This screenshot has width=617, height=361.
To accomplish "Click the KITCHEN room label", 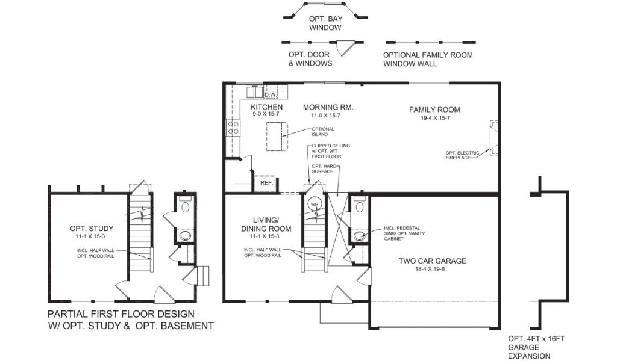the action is click(x=266, y=107).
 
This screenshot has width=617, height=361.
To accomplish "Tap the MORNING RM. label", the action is click(x=328, y=107).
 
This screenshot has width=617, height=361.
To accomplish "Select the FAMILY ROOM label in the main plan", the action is click(x=434, y=110).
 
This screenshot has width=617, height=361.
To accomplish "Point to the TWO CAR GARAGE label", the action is click(x=432, y=261).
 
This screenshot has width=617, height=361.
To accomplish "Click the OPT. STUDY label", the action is click(x=92, y=228).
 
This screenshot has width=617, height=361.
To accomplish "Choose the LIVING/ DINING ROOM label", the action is click(x=266, y=224).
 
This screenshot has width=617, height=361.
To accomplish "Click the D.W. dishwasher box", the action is click(x=271, y=94).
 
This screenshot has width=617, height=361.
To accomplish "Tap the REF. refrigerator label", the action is click(x=266, y=183).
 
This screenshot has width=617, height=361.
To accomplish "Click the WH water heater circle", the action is click(x=314, y=205).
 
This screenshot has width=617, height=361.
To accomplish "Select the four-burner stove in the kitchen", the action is click(x=233, y=128).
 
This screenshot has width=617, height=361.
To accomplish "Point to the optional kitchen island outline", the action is click(x=277, y=137).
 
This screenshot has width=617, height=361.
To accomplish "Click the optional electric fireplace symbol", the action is click(x=494, y=138).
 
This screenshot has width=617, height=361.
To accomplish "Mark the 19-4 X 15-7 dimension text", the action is click(x=435, y=118).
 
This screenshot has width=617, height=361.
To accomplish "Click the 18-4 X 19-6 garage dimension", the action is click(x=430, y=269).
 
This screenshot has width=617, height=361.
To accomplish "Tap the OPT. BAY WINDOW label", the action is click(x=325, y=23).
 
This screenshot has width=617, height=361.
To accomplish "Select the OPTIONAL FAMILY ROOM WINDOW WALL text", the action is click(x=428, y=60).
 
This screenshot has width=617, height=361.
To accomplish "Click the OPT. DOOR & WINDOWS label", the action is click(x=310, y=59).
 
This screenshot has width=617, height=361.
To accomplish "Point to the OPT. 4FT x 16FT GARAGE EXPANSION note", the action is click(x=536, y=347).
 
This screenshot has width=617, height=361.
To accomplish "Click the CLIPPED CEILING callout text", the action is click(x=331, y=151).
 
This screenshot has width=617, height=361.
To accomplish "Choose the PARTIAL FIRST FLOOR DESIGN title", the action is click(x=121, y=314).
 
